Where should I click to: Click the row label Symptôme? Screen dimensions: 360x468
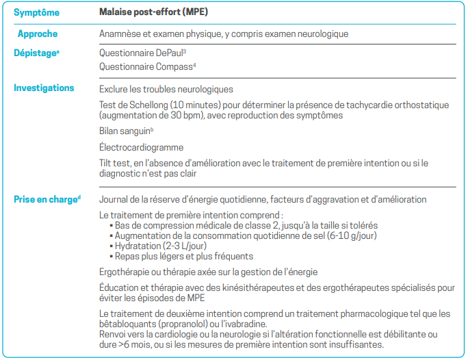click(x=36, y=13)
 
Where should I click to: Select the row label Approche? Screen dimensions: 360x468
click(x=37, y=34)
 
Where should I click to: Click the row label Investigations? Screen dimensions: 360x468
click(x=44, y=88)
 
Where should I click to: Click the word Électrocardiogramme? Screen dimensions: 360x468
click(x=141, y=147)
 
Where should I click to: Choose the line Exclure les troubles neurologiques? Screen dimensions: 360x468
click(x=166, y=89)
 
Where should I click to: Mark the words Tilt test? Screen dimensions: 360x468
click(x=115, y=163)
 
